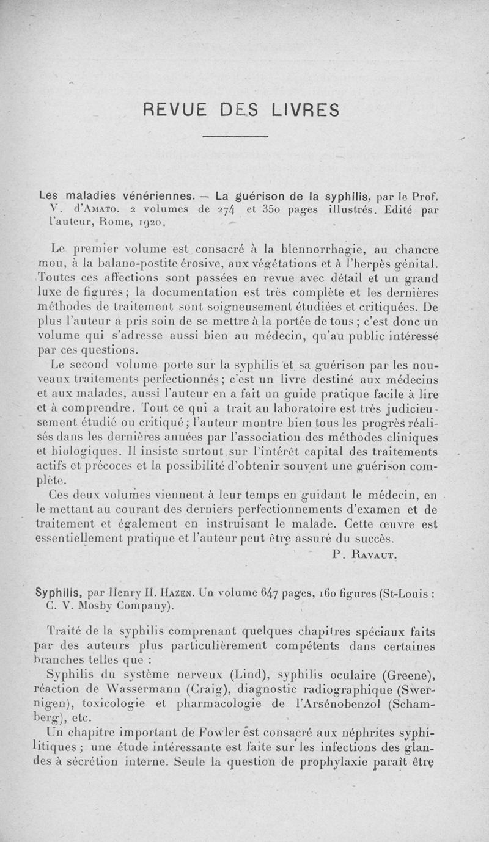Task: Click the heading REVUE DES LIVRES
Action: click(241, 109)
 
